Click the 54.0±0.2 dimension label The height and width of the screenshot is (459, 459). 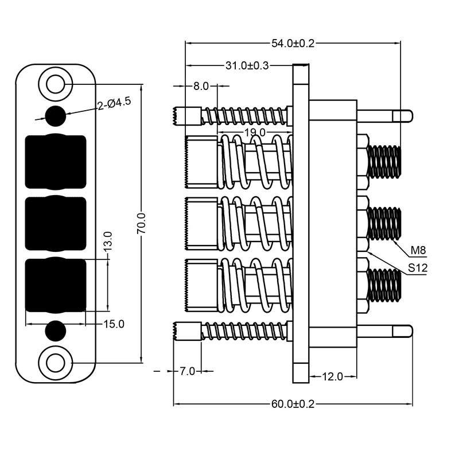click(293, 44)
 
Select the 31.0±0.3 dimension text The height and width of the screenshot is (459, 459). click(247, 65)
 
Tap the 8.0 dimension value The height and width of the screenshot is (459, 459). click(201, 86)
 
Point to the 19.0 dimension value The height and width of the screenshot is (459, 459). click(255, 133)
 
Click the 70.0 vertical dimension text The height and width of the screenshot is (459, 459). click(141, 223)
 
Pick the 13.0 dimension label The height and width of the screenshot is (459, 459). click(108, 241)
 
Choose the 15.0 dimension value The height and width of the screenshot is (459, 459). click(114, 324)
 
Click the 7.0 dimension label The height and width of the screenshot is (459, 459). click(187, 371)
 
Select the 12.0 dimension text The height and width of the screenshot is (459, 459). click(332, 376)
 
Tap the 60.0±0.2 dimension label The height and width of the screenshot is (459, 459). click(293, 404)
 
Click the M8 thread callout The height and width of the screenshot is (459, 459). click(418, 250)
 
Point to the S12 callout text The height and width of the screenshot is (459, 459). click(418, 267)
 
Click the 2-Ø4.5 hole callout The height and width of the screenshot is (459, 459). click(114, 103)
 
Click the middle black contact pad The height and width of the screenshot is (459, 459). click(56, 223)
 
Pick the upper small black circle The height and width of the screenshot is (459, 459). click(56, 116)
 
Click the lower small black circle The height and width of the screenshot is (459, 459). click(56, 331)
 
